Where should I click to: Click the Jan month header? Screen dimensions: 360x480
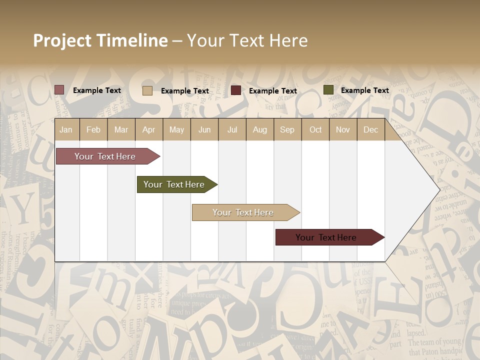(66, 129)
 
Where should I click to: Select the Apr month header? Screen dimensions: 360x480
(148, 129)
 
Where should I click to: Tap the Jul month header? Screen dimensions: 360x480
(232, 129)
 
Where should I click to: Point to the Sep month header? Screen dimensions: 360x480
(287, 129)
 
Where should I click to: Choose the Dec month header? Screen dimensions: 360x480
(370, 129)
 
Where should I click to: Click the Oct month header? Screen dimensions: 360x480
(315, 129)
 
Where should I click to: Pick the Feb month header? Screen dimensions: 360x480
(93, 129)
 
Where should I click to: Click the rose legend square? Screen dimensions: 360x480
(59, 90)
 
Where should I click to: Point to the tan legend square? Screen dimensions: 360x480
(147, 90)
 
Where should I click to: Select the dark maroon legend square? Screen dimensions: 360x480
(236, 90)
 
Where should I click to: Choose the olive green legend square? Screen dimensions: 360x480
(328, 90)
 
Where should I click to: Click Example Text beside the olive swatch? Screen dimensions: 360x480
(364, 90)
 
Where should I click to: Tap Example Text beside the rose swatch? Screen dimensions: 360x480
(96, 90)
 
